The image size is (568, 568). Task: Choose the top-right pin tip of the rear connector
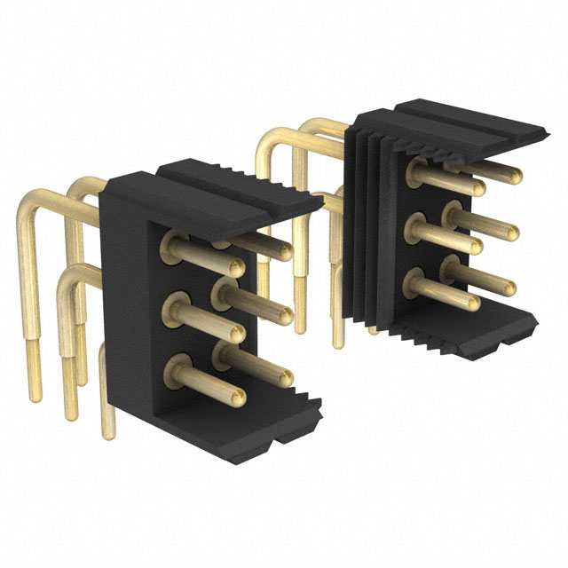[x=516, y=176]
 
